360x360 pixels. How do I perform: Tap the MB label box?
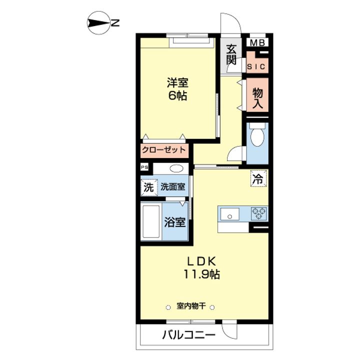[258, 43]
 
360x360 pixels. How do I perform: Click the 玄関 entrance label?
[230, 54]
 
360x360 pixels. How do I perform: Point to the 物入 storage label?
[257, 97]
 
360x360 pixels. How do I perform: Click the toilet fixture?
[256, 136]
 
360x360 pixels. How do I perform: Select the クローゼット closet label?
[164, 149]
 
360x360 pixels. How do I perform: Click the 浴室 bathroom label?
[175, 222]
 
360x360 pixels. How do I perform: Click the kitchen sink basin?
[229, 214]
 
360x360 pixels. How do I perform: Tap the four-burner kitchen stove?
[258, 213]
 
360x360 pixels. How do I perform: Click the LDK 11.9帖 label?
[201, 267]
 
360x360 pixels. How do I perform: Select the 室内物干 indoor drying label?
[191, 306]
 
